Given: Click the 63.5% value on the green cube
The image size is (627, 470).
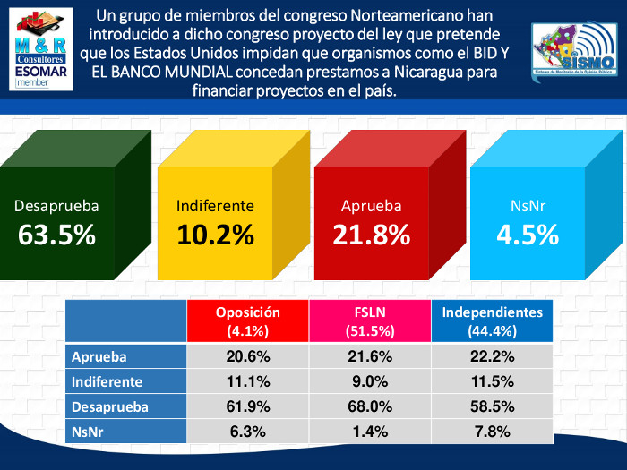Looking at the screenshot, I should point(56,235).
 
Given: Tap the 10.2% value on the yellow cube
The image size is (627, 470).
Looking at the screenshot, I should point(215,235).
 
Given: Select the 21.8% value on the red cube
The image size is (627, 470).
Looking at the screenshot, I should point(371,235).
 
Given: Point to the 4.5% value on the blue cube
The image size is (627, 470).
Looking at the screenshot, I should point(528,235).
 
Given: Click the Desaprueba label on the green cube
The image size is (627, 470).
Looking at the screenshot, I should point(56,206).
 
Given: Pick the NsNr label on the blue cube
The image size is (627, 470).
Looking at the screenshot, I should point(528,206).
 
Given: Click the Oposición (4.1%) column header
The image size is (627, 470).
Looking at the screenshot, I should point(247,321).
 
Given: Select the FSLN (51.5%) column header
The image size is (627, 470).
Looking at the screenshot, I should point(370,321).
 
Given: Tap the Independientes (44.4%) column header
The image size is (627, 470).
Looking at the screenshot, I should point(492,321).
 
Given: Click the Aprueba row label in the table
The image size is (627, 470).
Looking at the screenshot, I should point(99,356).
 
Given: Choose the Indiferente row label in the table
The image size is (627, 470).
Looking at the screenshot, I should point(107,381).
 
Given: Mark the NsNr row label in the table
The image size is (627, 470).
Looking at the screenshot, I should point(90,432).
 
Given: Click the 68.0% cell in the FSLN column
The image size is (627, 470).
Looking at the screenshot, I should point(370,406).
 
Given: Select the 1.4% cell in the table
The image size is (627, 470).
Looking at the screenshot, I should point(370,432).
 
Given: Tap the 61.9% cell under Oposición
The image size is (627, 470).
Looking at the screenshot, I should point(247,406).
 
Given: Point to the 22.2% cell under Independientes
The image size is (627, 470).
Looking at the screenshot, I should point(492,356).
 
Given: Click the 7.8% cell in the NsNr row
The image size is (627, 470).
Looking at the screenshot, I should point(492,432).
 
